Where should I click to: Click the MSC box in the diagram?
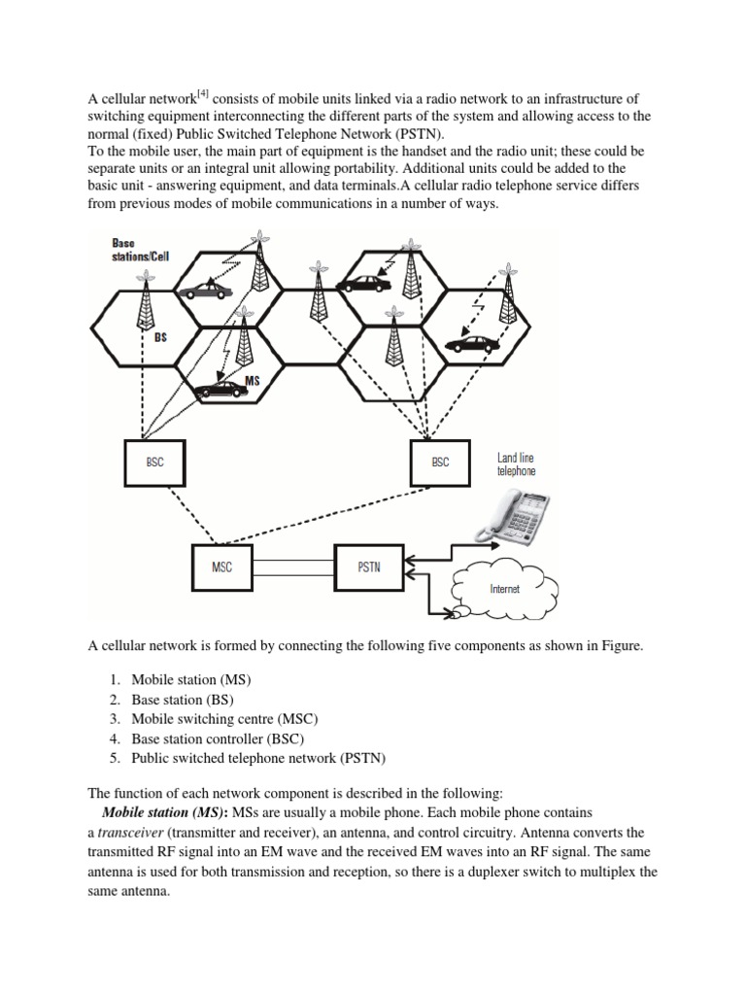(222, 568)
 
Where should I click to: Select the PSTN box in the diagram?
(368, 568)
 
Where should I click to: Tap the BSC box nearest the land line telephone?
(440, 463)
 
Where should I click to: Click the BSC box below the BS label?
(154, 463)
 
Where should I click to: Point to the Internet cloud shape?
(503, 586)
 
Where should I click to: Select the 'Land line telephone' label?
(515, 463)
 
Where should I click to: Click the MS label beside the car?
(253, 380)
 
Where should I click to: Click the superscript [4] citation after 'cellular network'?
(201, 92)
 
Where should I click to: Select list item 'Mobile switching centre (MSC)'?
(224, 719)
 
